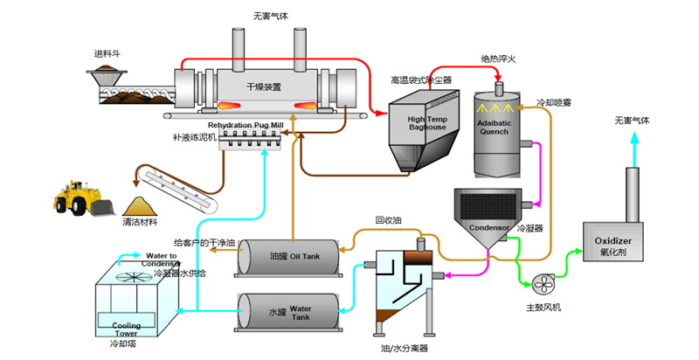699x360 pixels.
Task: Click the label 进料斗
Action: pyautogui.click(x=107, y=53)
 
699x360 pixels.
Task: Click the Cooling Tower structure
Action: pyautogui.click(x=131, y=297)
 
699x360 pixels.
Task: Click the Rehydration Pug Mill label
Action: pyautogui.click(x=246, y=126)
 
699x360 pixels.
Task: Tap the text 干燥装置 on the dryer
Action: pyautogui.click(x=264, y=87)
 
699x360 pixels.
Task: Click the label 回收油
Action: pyautogui.click(x=388, y=220)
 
